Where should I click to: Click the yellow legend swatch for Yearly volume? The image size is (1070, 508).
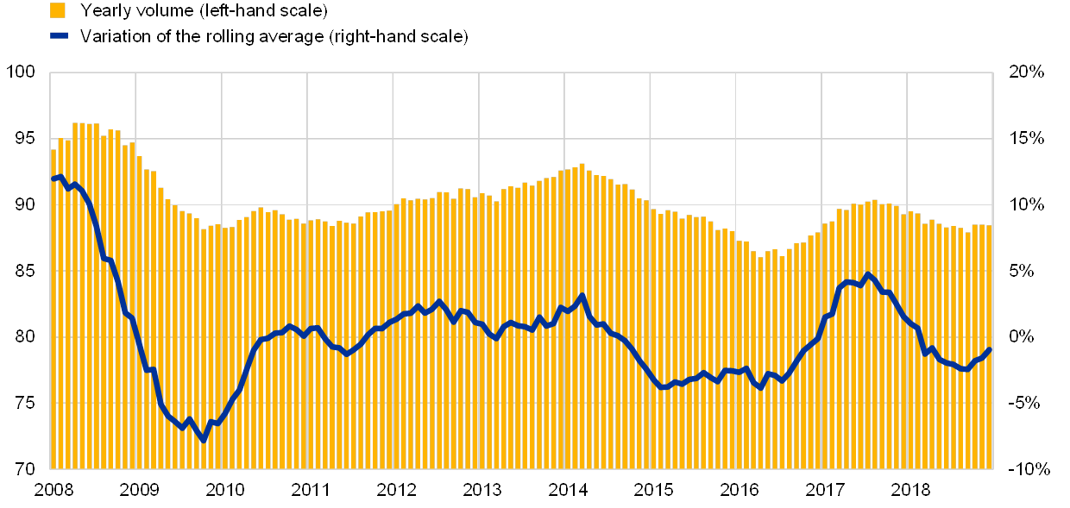tap(58, 10)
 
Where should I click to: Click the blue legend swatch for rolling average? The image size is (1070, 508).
tap(58, 35)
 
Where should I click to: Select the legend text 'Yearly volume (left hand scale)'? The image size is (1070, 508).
tap(204, 10)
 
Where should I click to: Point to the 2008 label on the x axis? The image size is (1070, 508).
tap(53, 490)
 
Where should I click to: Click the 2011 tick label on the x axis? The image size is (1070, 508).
tap(310, 490)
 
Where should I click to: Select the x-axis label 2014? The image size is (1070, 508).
tap(567, 490)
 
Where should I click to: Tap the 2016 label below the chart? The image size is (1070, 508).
tap(739, 490)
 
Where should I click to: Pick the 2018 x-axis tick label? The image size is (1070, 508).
tap(909, 490)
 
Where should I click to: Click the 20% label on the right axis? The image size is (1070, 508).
tap(1028, 72)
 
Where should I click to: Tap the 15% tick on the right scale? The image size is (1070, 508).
tap(1028, 138)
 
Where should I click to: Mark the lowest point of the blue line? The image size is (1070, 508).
tap(204, 440)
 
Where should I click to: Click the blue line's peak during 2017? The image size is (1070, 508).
tap(867, 275)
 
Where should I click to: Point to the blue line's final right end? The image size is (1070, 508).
tap(989, 349)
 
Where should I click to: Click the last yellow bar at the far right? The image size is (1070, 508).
tap(989, 346)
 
